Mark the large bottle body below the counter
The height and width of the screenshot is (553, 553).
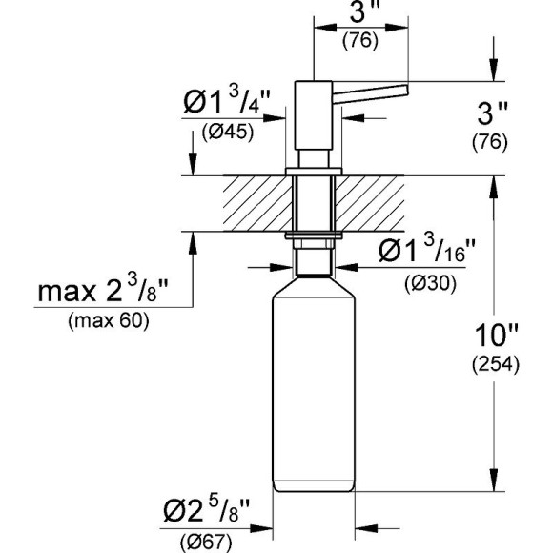314,391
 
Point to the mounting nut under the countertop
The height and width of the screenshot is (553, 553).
313,235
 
